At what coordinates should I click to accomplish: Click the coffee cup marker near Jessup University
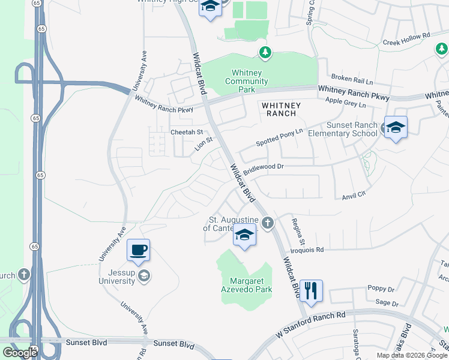click(138, 250)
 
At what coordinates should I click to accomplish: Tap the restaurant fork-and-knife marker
click(311, 291)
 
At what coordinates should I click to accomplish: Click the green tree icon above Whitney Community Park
click(265, 53)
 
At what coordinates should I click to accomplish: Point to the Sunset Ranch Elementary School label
click(351, 129)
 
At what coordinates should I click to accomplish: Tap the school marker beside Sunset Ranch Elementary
click(396, 127)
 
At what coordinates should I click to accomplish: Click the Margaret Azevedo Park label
click(251, 285)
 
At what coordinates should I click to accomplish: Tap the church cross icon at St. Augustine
click(268, 223)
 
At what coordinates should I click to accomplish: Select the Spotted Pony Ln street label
click(279, 137)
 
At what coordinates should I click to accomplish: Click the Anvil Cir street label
click(354, 196)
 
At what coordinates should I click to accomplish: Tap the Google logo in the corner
click(20, 353)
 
